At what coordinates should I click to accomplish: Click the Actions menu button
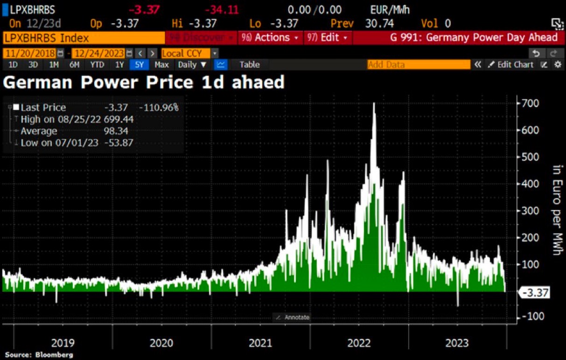coord(271,37)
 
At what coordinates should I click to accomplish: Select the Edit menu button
coord(328,37)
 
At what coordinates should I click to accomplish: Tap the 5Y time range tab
coord(139,65)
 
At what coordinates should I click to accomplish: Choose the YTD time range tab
coord(97,65)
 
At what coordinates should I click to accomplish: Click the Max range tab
coord(161,65)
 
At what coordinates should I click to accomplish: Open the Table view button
coord(249,65)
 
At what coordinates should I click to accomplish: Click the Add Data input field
coord(418,65)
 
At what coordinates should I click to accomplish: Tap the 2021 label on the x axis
coord(260,343)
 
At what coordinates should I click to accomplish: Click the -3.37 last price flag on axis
coord(535,293)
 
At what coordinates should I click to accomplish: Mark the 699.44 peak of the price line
coord(374,103)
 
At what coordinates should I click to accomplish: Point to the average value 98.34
coord(117,131)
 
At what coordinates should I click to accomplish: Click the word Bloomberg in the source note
coord(54,355)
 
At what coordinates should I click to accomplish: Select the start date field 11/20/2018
coord(30,53)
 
